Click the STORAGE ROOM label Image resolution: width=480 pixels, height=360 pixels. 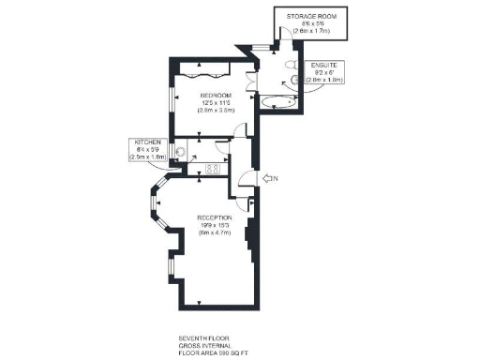tap(312, 17)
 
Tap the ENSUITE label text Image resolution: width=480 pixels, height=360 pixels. tap(325, 64)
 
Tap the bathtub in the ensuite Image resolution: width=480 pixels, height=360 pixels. tap(277, 99)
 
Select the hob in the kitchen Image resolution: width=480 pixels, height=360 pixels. tap(212, 170)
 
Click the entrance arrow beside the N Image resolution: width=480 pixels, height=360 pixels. tap(267, 178)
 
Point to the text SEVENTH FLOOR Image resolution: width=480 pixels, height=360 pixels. tap(203, 337)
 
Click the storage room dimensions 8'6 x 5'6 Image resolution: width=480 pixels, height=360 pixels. tap(312, 25)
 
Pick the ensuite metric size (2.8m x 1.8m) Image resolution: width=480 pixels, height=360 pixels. tap(325, 80)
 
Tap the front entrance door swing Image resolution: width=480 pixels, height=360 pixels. tap(247, 180)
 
